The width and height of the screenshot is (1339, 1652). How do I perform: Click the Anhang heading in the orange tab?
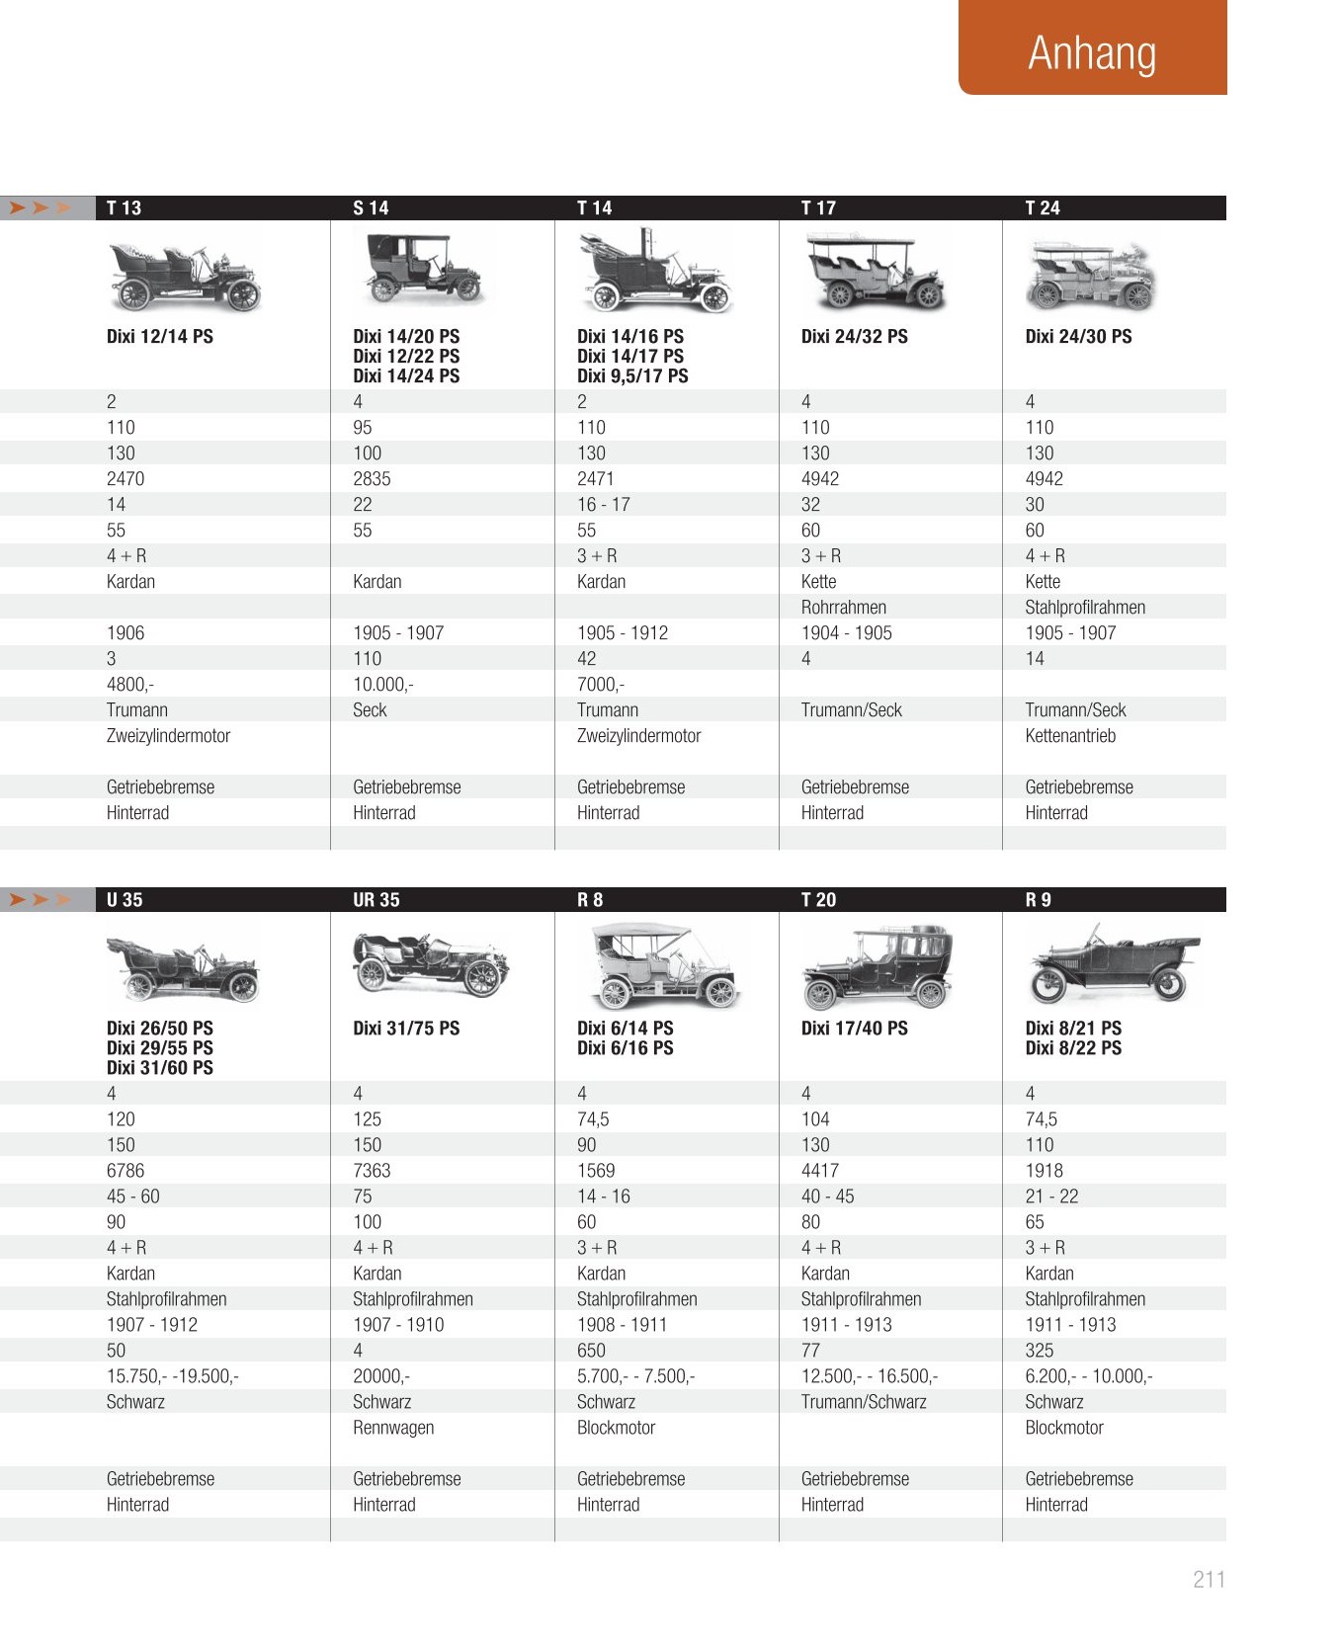1092,53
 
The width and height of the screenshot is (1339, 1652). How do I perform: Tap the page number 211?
1209,1579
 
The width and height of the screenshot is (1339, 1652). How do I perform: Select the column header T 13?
124,207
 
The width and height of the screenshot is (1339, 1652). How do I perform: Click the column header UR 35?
377,899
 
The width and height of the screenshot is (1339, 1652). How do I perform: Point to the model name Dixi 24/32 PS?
854,336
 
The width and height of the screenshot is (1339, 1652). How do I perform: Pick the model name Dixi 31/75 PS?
406,1028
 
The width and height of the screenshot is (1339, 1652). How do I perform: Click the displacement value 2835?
372,478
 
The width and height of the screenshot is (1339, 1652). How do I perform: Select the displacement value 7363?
372,1170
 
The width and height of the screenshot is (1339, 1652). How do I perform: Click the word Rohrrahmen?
843,607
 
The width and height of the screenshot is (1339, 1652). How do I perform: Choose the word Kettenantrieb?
1070,735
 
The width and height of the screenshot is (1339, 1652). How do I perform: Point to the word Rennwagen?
393,1427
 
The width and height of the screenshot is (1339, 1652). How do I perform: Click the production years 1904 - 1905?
846,632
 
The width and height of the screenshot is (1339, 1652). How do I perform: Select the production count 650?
591,1350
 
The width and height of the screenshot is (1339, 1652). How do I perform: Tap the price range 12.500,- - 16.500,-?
869,1375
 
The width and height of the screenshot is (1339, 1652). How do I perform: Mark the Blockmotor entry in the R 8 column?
616,1427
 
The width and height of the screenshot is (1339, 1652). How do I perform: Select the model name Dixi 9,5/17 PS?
632,375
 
